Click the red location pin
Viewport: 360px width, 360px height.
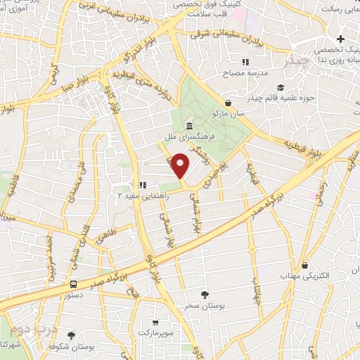click(181, 166)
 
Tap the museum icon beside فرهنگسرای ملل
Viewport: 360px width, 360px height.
click(188, 126)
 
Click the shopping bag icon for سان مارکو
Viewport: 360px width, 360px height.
click(228, 103)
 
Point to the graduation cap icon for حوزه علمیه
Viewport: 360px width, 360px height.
click(281, 87)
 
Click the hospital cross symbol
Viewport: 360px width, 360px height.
click(341, 38)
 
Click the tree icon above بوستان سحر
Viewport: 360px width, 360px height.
click(205, 295)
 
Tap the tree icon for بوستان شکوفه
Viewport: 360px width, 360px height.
click(70, 335)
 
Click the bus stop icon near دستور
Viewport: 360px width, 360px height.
click(73, 284)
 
